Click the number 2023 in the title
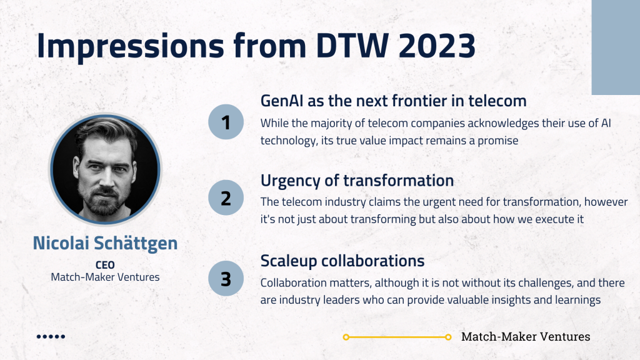pyautogui.click(x=437, y=45)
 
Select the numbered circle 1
pyautogui.click(x=226, y=122)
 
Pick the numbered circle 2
pyautogui.click(x=226, y=198)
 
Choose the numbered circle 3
pyautogui.click(x=226, y=279)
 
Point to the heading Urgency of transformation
pyautogui.click(x=357, y=181)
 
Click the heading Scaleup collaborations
pyautogui.click(x=342, y=261)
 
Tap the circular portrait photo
pyautogui.click(x=105, y=169)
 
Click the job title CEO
pyautogui.click(x=105, y=265)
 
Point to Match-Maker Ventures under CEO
pyautogui.click(x=105, y=277)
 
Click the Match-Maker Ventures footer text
pyautogui.click(x=526, y=337)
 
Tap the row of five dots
pyautogui.click(x=51, y=337)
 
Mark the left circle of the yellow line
pyautogui.click(x=346, y=337)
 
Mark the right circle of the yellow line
pyautogui.click(x=448, y=337)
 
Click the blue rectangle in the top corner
pyautogui.click(x=616, y=47)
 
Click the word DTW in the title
pyautogui.click(x=352, y=45)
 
